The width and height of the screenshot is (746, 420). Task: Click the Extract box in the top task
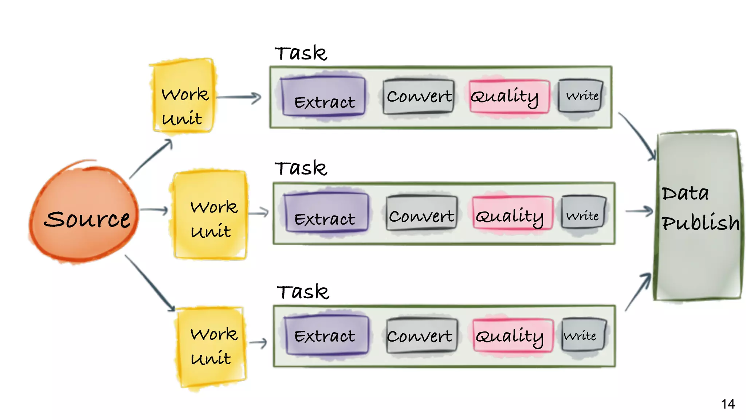(x=323, y=97)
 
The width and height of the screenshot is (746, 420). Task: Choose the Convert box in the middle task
(x=421, y=213)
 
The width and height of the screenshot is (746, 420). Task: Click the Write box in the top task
(x=581, y=96)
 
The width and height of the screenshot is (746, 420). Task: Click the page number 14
(x=727, y=404)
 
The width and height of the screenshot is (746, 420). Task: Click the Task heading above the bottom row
(x=303, y=292)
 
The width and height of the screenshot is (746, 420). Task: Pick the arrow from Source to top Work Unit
(x=151, y=159)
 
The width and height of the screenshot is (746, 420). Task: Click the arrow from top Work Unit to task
(x=239, y=97)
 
